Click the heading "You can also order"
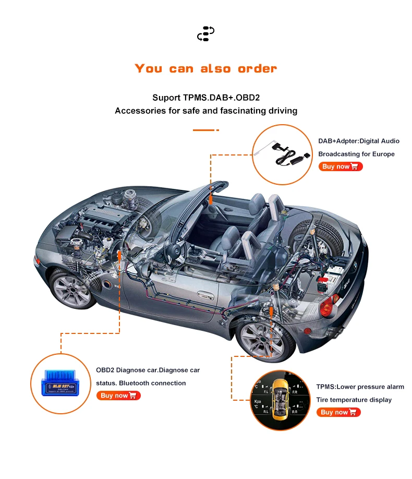tap(205, 68)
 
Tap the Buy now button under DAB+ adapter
tap(340, 166)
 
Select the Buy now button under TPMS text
tap(338, 412)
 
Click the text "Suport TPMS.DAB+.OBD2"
tap(205, 98)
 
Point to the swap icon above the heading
tap(205, 33)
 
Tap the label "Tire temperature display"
tap(354, 400)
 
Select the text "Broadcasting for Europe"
tap(356, 154)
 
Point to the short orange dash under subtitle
tap(205, 130)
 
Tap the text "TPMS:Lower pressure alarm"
tap(360, 387)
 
